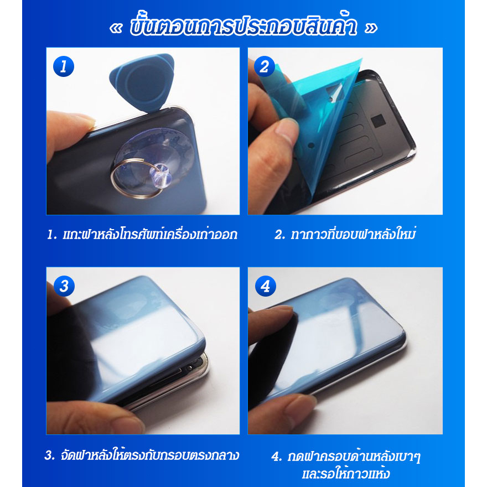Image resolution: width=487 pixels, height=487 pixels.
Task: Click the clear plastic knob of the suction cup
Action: coord(161,175)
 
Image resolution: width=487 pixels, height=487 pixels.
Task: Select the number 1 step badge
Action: coord(64,66)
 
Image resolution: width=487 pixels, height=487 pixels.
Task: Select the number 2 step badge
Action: coord(265,66)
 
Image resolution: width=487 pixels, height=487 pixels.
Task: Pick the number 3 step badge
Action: coord(64,286)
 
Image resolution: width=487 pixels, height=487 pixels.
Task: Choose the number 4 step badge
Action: coord(265,286)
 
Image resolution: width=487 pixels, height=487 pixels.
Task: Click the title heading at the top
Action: coord(244,26)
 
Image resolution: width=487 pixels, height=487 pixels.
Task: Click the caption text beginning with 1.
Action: coord(142,234)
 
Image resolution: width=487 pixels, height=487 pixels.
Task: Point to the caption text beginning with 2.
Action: coord(345,234)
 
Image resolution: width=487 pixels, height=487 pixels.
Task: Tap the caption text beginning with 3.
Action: coord(142,455)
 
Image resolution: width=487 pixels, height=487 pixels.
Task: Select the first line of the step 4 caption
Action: coord(346,456)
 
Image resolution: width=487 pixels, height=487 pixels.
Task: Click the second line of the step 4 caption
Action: coord(346,474)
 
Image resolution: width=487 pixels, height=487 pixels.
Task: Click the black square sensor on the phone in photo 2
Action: coord(378,120)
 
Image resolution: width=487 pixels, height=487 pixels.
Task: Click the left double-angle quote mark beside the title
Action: coord(116,28)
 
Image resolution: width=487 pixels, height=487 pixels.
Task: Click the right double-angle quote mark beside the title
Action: coord(371,28)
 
